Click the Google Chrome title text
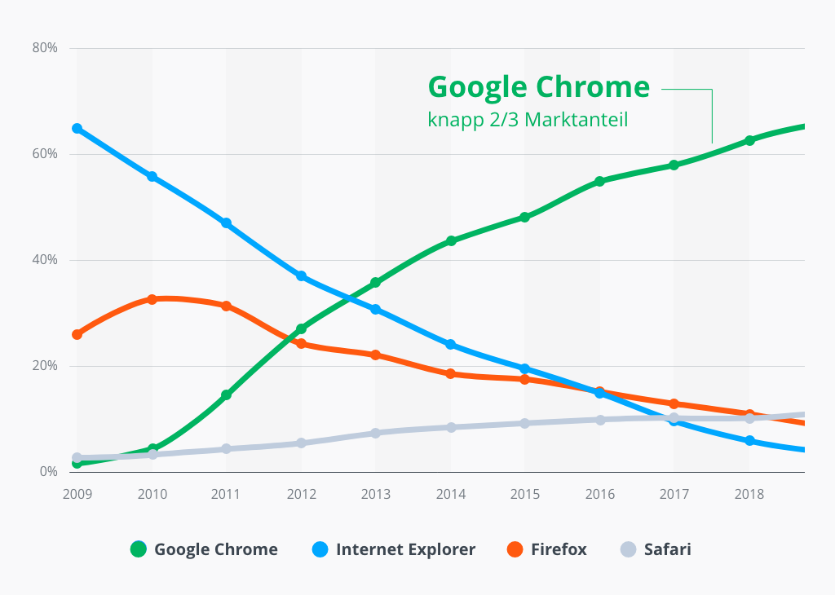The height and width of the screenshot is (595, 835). click(538, 87)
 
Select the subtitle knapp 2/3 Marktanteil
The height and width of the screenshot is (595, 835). click(528, 119)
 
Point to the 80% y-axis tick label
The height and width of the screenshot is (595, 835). click(45, 48)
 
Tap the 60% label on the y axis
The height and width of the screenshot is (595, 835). click(45, 154)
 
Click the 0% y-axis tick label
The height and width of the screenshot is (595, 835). click(48, 472)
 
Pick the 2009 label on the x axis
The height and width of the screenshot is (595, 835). click(77, 495)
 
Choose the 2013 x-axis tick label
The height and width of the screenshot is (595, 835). click(376, 495)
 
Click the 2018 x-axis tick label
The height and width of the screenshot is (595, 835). click(749, 495)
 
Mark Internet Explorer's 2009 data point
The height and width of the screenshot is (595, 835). click(77, 128)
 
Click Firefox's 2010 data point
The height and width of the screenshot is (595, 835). click(152, 299)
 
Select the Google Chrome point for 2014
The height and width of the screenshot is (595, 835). click(451, 240)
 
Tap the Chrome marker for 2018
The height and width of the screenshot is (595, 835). click(749, 140)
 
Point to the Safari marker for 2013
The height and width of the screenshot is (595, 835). click(376, 433)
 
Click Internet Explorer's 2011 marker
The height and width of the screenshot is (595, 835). click(227, 223)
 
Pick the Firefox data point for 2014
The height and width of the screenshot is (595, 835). click(451, 373)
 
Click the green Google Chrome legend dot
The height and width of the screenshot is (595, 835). click(139, 549)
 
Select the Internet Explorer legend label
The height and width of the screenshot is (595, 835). click(405, 549)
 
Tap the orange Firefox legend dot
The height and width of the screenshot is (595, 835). click(515, 549)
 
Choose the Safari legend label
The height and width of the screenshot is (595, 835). click(667, 549)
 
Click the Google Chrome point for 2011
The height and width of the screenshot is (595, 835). click(227, 394)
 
